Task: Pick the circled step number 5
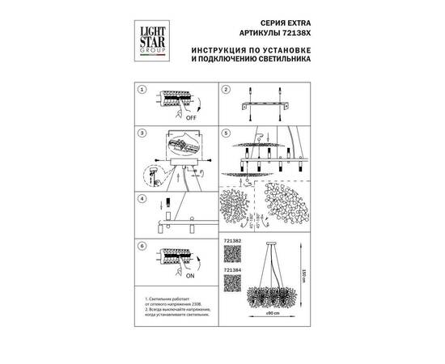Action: (x=228, y=133)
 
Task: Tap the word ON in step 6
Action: (x=191, y=275)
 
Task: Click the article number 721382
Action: (x=231, y=241)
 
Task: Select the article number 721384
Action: (x=231, y=273)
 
